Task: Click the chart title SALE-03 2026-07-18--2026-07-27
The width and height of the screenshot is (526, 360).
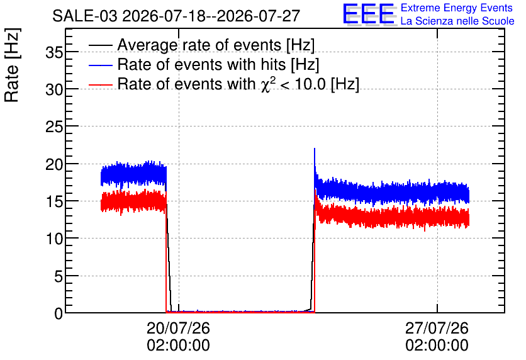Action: [176, 16]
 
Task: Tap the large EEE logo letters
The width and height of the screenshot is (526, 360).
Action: [369, 14]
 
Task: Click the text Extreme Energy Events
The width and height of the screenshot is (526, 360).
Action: [457, 8]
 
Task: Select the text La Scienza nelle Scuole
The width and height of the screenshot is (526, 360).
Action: [457, 21]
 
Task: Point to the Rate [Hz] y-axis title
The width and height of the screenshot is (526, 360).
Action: [12, 65]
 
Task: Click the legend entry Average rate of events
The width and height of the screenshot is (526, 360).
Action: [216, 45]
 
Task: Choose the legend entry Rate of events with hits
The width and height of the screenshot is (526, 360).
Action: [218, 64]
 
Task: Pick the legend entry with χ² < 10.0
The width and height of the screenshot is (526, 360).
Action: [238, 84]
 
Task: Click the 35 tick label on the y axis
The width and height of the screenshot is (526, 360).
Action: [55, 52]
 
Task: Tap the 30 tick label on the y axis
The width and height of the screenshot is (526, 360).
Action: [55, 90]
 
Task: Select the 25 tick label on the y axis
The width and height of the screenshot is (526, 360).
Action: [55, 127]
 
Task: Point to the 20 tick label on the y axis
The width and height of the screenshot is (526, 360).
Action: [55, 165]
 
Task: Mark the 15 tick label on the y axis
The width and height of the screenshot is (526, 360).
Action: [55, 202]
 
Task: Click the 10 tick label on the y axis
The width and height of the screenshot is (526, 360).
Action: [55, 239]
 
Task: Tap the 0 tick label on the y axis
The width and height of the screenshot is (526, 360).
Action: [59, 314]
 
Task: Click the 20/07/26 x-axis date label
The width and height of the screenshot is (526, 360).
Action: [179, 328]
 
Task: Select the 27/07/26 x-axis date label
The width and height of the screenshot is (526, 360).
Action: [437, 328]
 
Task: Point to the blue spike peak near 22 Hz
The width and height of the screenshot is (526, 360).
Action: [315, 149]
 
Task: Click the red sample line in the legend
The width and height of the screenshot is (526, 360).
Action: [101, 85]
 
